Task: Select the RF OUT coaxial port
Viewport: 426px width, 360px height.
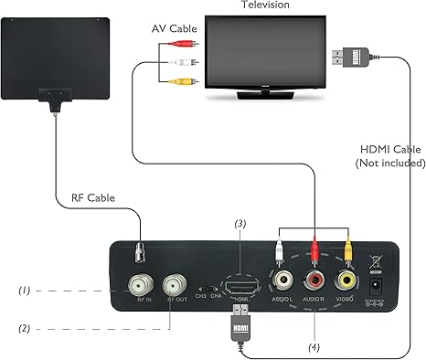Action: (175, 282)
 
